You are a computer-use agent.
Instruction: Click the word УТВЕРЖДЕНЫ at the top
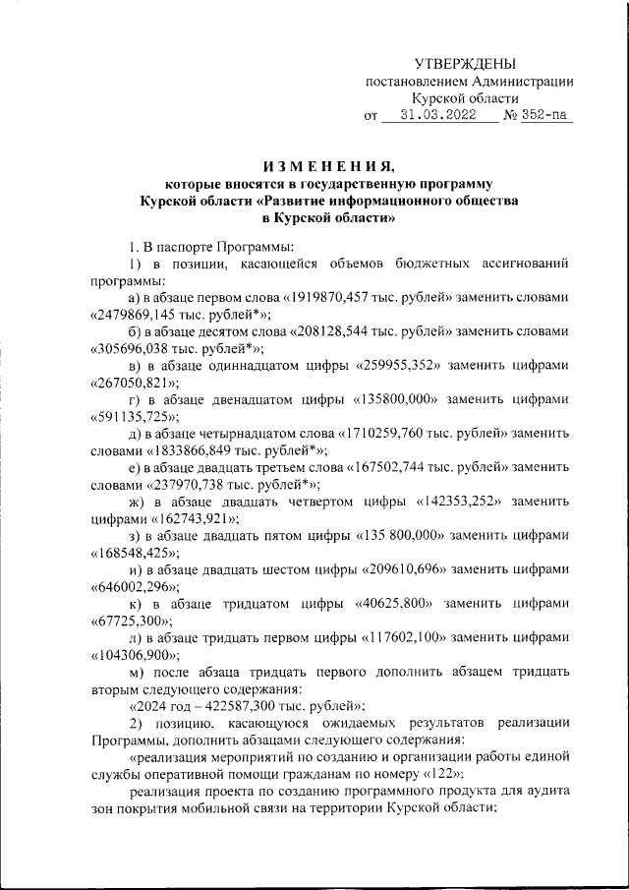pos(464,63)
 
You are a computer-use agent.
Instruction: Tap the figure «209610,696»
pos(407,569)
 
